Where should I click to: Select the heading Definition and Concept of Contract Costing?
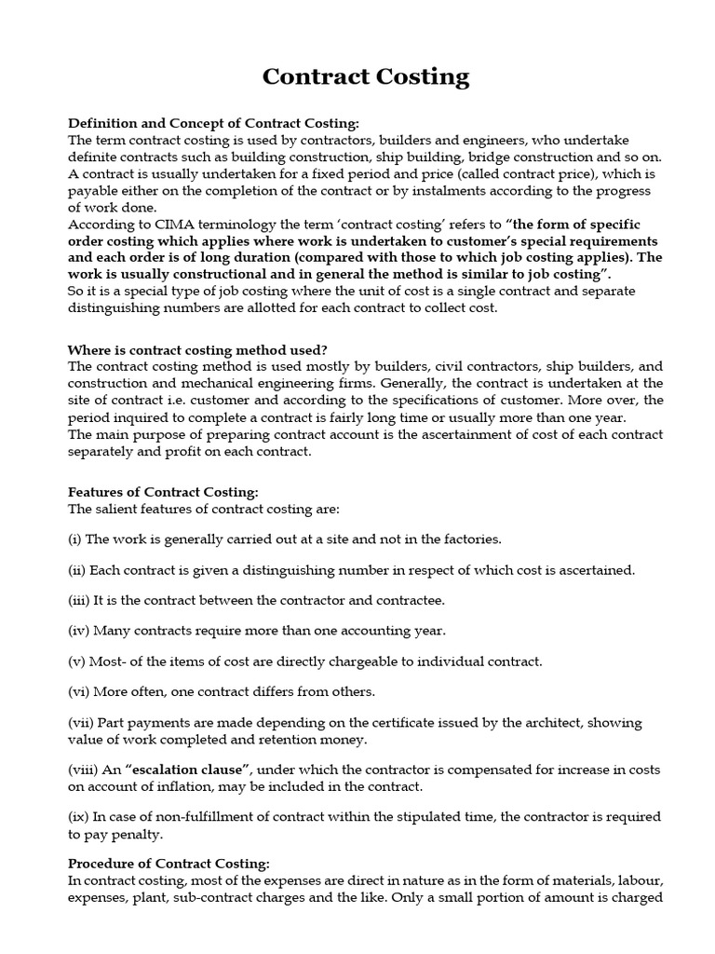pos(212,123)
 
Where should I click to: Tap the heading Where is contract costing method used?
pos(197,349)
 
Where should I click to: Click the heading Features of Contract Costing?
pos(163,492)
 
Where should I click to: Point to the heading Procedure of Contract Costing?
pos(169,864)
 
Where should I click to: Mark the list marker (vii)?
pos(80,723)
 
